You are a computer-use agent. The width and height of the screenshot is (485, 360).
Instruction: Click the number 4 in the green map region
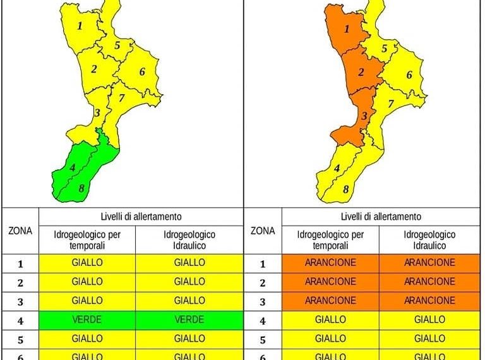73,167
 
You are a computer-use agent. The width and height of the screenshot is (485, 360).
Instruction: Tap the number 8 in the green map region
81,188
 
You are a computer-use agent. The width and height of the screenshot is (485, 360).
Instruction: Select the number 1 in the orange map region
346,28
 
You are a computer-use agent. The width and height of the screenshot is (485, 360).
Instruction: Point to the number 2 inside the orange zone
361,72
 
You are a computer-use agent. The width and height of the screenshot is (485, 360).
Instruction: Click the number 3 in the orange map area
364,116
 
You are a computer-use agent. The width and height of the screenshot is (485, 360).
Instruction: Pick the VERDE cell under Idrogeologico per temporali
87,320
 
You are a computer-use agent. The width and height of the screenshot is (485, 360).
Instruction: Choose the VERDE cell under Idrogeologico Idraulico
189,320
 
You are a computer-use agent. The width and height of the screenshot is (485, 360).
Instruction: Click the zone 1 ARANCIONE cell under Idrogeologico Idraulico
429,262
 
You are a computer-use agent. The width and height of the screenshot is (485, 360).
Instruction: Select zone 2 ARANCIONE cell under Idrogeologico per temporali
330,282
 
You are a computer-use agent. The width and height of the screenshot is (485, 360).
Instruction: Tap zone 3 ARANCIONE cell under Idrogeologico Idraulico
429,301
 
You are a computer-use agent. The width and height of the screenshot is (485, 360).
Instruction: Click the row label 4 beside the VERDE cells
20,320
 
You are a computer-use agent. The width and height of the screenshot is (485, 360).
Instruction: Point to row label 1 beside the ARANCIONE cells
263,263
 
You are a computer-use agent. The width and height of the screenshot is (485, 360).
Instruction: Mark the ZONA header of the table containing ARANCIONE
263,231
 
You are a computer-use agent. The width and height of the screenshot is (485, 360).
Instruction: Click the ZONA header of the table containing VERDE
20,231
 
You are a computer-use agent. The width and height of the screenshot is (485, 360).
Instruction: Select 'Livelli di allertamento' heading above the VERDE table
141,216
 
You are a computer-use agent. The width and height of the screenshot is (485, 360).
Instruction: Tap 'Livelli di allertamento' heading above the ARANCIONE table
380,216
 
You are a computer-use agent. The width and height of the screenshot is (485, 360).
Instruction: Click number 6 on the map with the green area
142,71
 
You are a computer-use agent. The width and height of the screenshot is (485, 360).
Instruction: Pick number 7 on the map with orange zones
390,103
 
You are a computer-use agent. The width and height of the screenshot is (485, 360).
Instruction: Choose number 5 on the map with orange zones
384,49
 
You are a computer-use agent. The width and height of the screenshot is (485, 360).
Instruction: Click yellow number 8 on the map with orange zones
345,188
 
